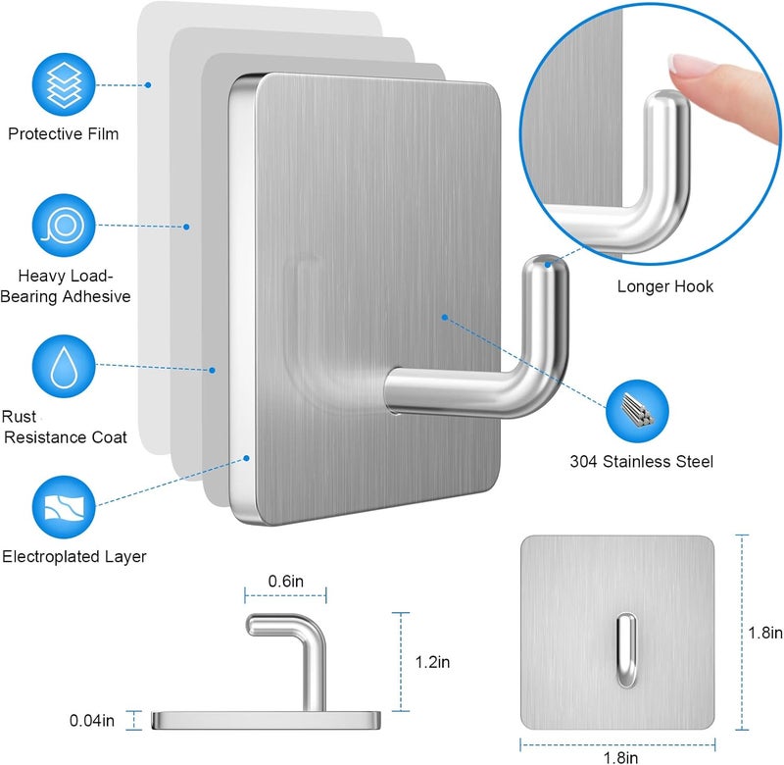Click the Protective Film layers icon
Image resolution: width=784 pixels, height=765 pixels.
point(64,84)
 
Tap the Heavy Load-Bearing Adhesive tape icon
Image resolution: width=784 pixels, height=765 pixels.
point(64,226)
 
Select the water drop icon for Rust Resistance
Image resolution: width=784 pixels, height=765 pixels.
point(64,366)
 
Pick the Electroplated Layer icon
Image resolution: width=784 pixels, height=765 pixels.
point(64,507)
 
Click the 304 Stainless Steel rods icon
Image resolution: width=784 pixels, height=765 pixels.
point(637,411)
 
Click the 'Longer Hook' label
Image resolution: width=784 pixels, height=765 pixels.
point(665,286)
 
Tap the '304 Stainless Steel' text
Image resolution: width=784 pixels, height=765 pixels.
point(642,461)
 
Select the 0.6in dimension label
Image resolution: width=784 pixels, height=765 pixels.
point(285,581)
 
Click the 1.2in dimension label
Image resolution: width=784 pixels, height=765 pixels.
point(432,662)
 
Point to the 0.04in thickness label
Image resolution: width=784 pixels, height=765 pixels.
point(92,721)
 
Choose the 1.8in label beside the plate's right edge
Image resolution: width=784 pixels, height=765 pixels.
point(765,633)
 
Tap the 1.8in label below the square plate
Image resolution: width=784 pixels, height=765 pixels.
point(620,757)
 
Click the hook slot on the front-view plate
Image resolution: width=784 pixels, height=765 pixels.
point(626,650)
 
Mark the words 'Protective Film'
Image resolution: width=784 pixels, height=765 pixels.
point(64,133)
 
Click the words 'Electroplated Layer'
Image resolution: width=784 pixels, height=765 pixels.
point(74,556)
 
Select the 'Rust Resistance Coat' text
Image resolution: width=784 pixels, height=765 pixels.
point(65,427)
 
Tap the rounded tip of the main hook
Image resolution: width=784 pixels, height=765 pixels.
point(546,265)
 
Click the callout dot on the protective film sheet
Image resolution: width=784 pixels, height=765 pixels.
point(148,85)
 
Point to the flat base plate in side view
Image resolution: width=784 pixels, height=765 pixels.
point(266,720)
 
